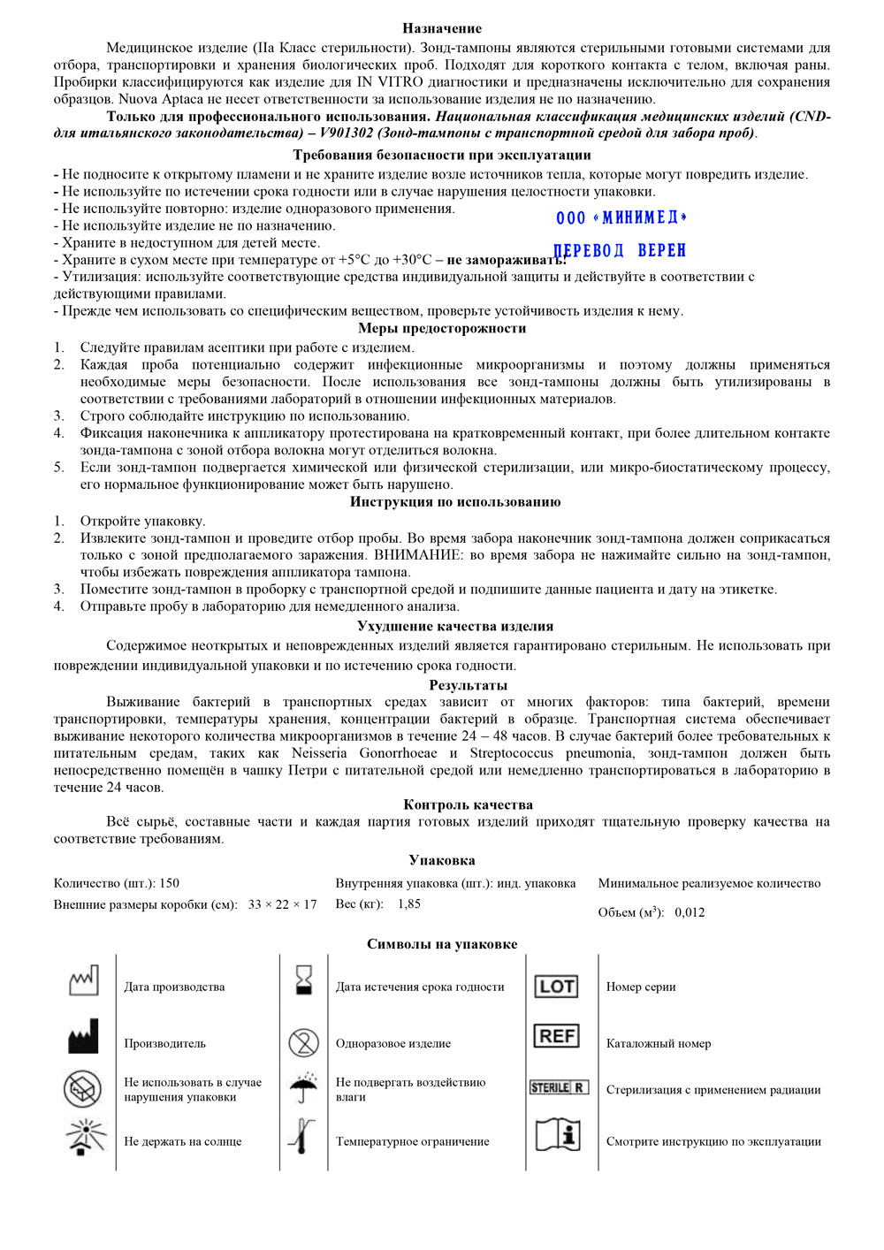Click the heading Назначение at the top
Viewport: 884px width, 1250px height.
coord(442,28)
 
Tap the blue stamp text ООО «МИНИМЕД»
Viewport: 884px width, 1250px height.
coord(621,217)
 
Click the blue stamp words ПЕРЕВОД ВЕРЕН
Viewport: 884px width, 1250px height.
coord(621,251)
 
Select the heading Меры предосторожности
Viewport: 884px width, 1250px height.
coord(442,328)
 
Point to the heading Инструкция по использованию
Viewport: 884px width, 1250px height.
coord(455,501)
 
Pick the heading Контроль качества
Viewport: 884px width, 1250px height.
coord(468,804)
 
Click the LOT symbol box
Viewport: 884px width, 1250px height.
coord(557,987)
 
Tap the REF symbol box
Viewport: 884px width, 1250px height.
coord(557,1036)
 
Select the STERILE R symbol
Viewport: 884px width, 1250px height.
coord(558,1087)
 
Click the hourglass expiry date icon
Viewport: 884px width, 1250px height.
coord(304,980)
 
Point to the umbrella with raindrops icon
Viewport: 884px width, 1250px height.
coord(303,1087)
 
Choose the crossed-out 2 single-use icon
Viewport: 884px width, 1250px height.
coord(303,1042)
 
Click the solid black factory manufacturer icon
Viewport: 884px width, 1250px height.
coord(84,1037)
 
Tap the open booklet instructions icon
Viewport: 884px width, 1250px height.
coord(558,1135)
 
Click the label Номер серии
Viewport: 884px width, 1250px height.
coord(641,987)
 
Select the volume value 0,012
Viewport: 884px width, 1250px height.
coord(690,912)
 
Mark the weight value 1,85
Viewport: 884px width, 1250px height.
coord(409,903)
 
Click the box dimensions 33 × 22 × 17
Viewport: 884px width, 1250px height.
coord(282,904)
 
